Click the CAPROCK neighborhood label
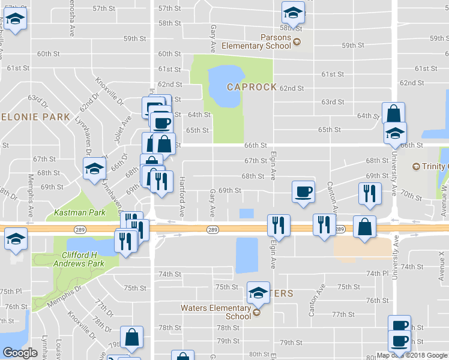click(x=252, y=87)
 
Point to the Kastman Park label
click(x=79, y=212)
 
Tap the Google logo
click(x=20, y=353)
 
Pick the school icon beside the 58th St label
click(x=292, y=12)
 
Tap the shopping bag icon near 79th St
click(x=131, y=338)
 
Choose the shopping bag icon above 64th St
click(x=393, y=113)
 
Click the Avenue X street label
click(x=443, y=259)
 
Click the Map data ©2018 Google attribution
click(x=411, y=355)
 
